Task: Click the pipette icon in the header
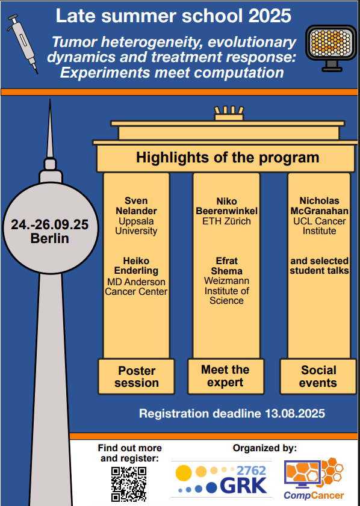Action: [x=22, y=43]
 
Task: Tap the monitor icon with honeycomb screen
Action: [x=331, y=48]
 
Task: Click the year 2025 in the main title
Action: [x=270, y=16]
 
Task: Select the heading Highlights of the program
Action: [x=228, y=158]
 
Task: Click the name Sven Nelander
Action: [x=136, y=206]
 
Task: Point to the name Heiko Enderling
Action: [x=136, y=265]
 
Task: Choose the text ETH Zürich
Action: [x=226, y=221]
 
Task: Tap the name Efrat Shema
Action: [x=226, y=265]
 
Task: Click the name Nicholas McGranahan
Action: [x=319, y=206]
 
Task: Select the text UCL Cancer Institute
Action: [x=319, y=226]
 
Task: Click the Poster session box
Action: [x=136, y=377]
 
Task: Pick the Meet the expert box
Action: [x=226, y=376]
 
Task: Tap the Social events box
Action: [x=318, y=377]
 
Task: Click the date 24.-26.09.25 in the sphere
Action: [x=50, y=224]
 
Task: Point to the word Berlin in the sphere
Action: [x=50, y=238]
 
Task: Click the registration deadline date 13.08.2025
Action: [x=295, y=413]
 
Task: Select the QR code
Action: [x=129, y=484]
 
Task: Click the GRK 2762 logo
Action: [x=222, y=479]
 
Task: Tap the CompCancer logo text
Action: [x=314, y=495]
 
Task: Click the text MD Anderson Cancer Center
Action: [x=136, y=286]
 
